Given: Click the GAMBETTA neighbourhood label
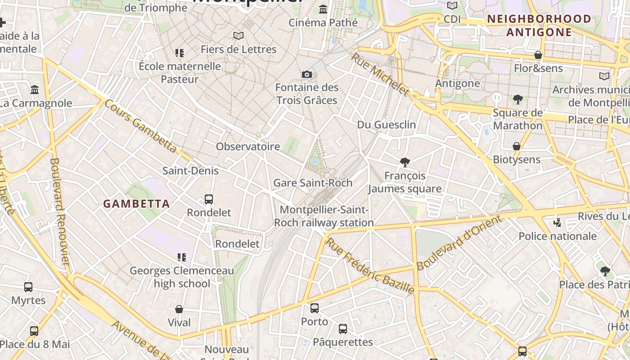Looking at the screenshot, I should [x=136, y=204].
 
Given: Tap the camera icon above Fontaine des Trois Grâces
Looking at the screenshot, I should [x=307, y=74].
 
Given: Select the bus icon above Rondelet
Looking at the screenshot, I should [x=208, y=199].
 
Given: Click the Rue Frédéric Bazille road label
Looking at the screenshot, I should [x=369, y=266].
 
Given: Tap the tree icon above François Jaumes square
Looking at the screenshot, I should [x=405, y=162].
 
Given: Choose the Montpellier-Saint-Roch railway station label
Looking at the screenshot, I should [x=324, y=216].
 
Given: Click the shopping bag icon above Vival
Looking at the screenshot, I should [x=179, y=309].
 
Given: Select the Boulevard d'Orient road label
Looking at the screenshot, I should [x=459, y=243].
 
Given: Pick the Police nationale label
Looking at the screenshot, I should [x=558, y=236].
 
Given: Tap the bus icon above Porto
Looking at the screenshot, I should [x=315, y=308].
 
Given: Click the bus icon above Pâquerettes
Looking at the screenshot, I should [x=343, y=329].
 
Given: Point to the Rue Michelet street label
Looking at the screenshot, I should [x=380, y=74].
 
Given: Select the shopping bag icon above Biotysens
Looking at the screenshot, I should [x=517, y=146].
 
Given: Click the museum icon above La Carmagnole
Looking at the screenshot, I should [x=35, y=90].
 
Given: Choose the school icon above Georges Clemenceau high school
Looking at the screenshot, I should [x=182, y=257].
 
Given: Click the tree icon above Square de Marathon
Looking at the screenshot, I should [x=517, y=99].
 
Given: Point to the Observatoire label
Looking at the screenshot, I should [x=248, y=147].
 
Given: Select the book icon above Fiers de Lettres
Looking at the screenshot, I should [x=238, y=36].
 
